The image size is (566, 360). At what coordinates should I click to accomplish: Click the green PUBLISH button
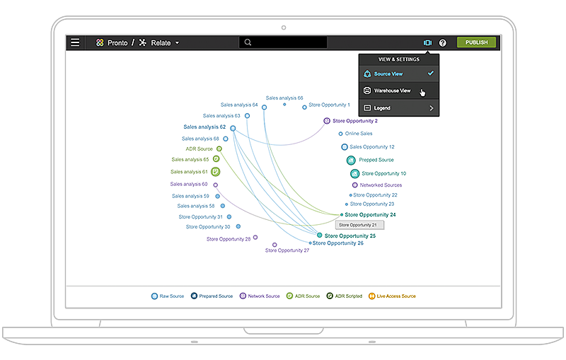(x=476, y=42)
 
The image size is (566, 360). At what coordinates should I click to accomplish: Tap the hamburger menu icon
(x=75, y=42)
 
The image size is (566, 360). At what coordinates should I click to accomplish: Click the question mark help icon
(x=443, y=43)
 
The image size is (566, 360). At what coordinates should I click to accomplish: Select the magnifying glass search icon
(x=248, y=42)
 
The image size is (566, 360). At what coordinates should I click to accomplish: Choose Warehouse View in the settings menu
(x=392, y=91)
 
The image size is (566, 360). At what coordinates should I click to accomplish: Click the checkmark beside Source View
(x=431, y=74)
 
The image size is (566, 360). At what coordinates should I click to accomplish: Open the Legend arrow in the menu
(x=431, y=108)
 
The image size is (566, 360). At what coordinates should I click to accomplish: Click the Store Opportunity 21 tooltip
(x=359, y=225)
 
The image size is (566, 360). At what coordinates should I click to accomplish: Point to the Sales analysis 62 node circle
(x=233, y=128)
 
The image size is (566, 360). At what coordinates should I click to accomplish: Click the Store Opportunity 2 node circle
(x=327, y=121)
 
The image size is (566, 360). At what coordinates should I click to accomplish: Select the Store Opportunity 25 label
(x=350, y=236)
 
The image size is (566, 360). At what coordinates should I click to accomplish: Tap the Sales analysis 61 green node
(x=216, y=172)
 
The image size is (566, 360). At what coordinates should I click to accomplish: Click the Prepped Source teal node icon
(x=351, y=160)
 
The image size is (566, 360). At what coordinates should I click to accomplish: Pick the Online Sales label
(x=359, y=134)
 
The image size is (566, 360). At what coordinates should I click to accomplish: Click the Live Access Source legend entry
(x=392, y=296)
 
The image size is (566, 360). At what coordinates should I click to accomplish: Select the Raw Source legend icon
(x=154, y=296)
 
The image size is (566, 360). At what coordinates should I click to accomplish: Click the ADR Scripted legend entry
(x=345, y=296)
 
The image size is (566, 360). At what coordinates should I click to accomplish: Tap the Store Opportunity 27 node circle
(x=275, y=245)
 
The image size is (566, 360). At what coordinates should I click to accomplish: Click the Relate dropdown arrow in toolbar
(x=178, y=43)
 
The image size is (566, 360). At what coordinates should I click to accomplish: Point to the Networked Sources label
(x=381, y=185)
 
